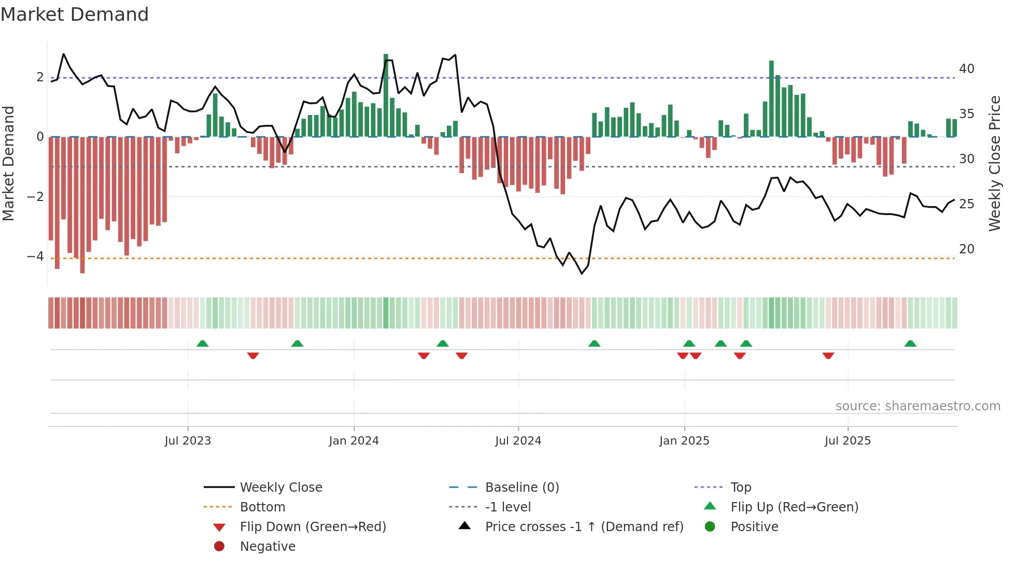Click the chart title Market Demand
click(75, 15)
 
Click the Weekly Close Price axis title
click(994, 163)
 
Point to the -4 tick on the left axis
click(35, 256)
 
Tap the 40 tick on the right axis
click(966, 69)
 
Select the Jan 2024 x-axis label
click(354, 441)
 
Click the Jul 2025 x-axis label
click(848, 441)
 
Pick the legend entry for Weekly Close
click(280, 488)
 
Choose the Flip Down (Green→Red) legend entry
click(313, 527)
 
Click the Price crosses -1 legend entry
click(584, 527)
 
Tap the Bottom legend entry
click(262, 507)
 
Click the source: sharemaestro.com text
click(918, 406)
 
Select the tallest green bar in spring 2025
click(771, 98)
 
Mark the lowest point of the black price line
click(582, 273)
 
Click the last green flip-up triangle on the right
click(910, 344)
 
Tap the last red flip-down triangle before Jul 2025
click(828, 355)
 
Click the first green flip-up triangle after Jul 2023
click(203, 344)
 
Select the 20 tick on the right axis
click(966, 249)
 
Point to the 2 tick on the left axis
click(40, 77)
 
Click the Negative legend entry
click(267, 547)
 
